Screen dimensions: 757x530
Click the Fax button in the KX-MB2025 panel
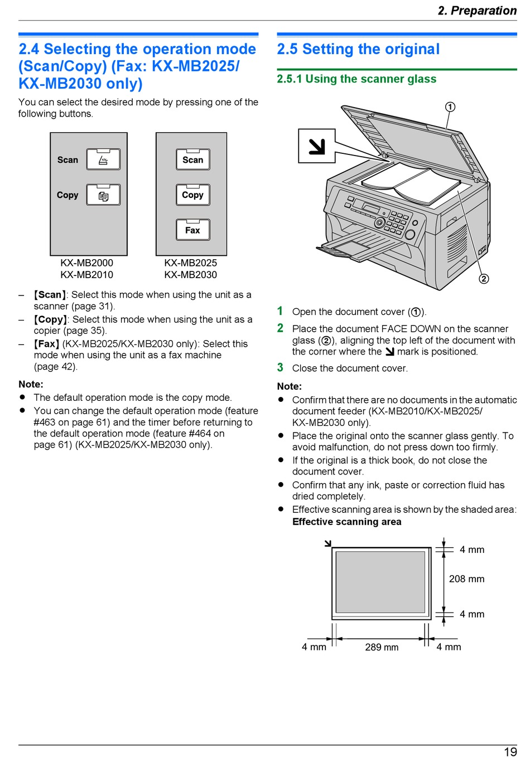pyautogui.click(x=193, y=230)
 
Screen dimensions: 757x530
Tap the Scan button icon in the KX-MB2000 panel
pyautogui.click(x=103, y=159)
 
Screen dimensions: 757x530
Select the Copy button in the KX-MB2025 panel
pyautogui.click(x=193, y=195)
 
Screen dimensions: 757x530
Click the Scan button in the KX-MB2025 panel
pyautogui.click(x=193, y=159)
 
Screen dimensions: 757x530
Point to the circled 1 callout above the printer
pyautogui.click(x=450, y=107)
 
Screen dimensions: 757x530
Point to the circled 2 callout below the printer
pyautogui.click(x=484, y=279)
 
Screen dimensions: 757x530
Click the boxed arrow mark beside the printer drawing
pyautogui.click(x=316, y=146)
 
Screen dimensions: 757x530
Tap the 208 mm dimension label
pyautogui.click(x=466, y=579)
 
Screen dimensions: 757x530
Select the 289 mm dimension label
pyautogui.click(x=382, y=647)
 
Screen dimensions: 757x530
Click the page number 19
pyautogui.click(x=510, y=751)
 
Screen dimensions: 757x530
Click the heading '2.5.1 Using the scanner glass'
pyautogui.click(x=356, y=79)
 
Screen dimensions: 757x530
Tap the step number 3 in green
pyautogui.click(x=280, y=367)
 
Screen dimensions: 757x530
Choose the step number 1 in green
pyautogui.click(x=280, y=311)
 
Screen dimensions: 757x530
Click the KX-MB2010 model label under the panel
pyautogui.click(x=86, y=275)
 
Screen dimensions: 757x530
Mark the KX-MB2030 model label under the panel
pyautogui.click(x=190, y=275)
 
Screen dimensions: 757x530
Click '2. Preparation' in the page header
pyautogui.click(x=477, y=11)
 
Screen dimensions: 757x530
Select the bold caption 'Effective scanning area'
pyautogui.click(x=346, y=522)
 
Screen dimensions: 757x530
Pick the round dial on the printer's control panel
pyautogui.click(x=379, y=223)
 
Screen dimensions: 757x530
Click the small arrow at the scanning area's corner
pyautogui.click(x=328, y=543)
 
